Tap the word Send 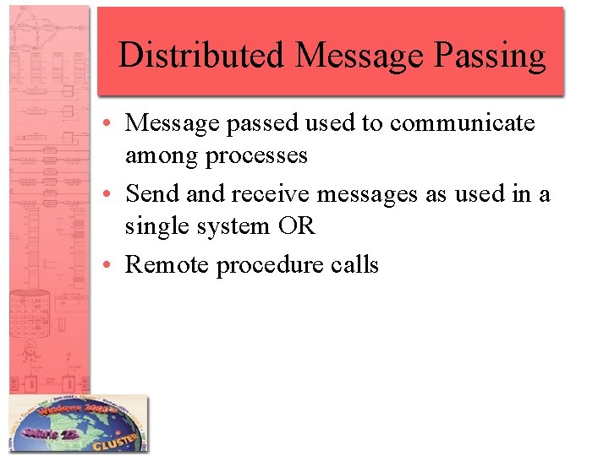click(x=152, y=194)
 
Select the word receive click(x=270, y=194)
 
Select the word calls click(x=355, y=265)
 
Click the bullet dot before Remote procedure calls click(x=112, y=266)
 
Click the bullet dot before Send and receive click(x=112, y=195)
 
